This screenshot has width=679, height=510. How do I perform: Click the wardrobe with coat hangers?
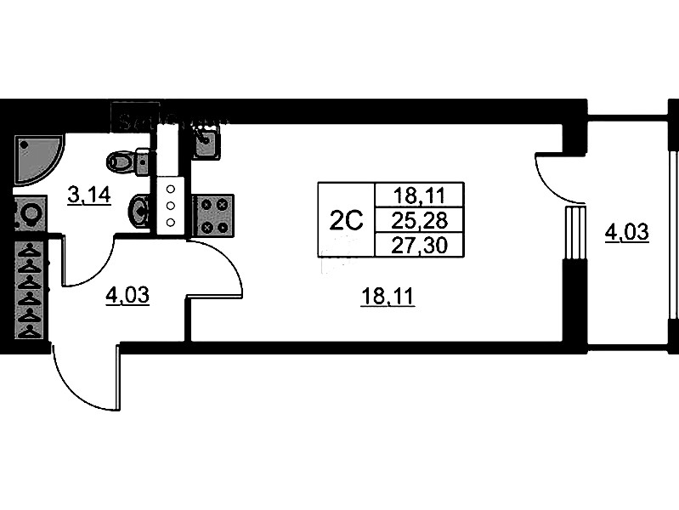[31, 290]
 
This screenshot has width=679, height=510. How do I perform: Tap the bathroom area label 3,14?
[89, 195]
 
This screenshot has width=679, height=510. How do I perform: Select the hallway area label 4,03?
[127, 296]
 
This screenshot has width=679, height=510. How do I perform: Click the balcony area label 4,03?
[627, 231]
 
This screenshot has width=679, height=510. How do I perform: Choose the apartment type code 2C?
[346, 220]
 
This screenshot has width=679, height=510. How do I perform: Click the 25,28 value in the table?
[418, 220]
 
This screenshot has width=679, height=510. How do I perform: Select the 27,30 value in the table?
[418, 245]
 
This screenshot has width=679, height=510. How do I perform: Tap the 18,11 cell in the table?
[418, 195]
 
